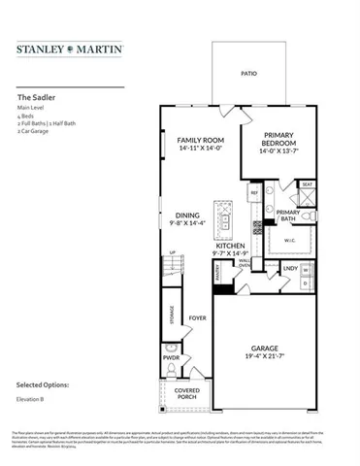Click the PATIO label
248,73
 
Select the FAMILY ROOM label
201,141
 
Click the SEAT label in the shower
307,183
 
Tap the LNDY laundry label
289,267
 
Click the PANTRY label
218,276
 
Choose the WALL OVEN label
245,263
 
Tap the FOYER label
198,316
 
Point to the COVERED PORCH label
185,394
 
